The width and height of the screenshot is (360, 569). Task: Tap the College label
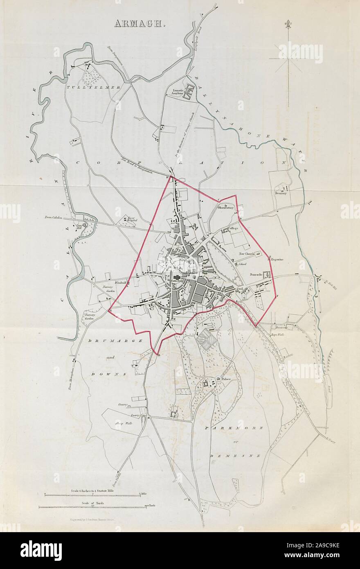(x=233, y=228)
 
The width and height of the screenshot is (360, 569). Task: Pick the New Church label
(x=247, y=254)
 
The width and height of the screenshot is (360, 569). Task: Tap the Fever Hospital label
(x=131, y=219)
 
